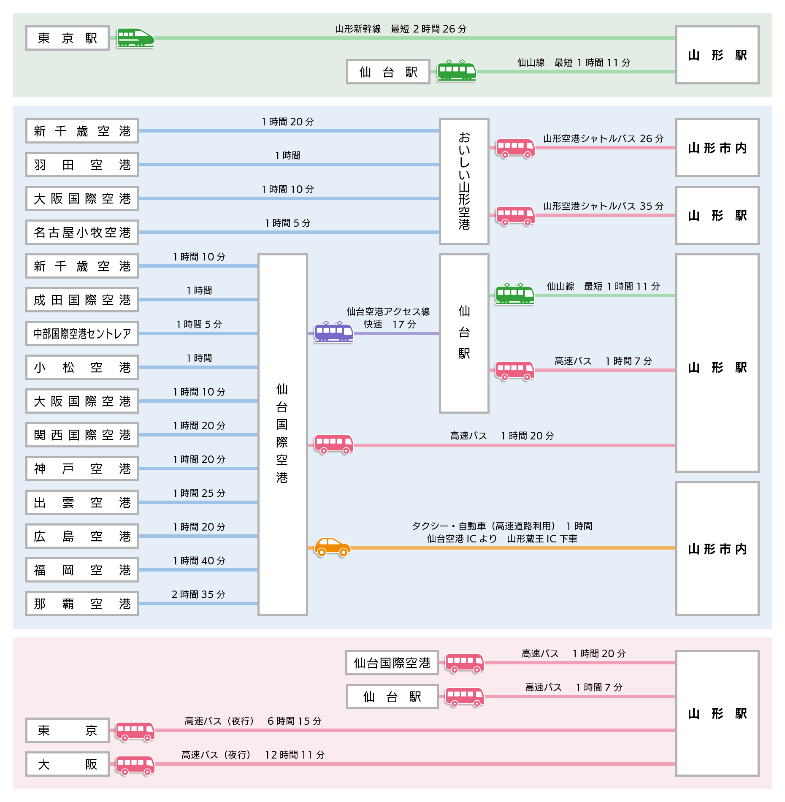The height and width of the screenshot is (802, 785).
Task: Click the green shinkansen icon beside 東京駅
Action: coord(135,38)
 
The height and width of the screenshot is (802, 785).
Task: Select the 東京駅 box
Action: coord(68,38)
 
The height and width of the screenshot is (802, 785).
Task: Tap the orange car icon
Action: coord(333,547)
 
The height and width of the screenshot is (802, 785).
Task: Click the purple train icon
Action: coord(334,332)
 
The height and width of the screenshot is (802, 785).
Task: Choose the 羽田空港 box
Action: coord(82,165)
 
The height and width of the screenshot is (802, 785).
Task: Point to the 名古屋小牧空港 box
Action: coord(82,232)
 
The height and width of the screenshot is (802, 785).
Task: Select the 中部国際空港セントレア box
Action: coord(82,333)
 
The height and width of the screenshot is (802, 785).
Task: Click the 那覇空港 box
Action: coord(82,604)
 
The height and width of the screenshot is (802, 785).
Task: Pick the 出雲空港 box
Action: coord(82,502)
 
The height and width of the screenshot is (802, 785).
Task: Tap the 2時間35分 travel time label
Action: coord(198,594)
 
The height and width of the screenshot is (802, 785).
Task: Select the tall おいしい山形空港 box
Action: coord(464,182)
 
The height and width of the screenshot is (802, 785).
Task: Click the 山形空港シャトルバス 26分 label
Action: coord(603,138)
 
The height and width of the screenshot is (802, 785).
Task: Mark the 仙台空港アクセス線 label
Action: coord(388,312)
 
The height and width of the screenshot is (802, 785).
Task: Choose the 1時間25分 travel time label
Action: coord(199,493)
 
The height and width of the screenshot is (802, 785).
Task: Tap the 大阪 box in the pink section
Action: coord(68,764)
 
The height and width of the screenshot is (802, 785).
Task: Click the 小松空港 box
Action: coord(82,367)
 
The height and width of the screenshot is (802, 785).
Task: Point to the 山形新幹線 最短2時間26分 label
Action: coord(401,29)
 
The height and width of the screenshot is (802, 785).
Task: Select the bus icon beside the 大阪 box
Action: coord(135,765)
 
